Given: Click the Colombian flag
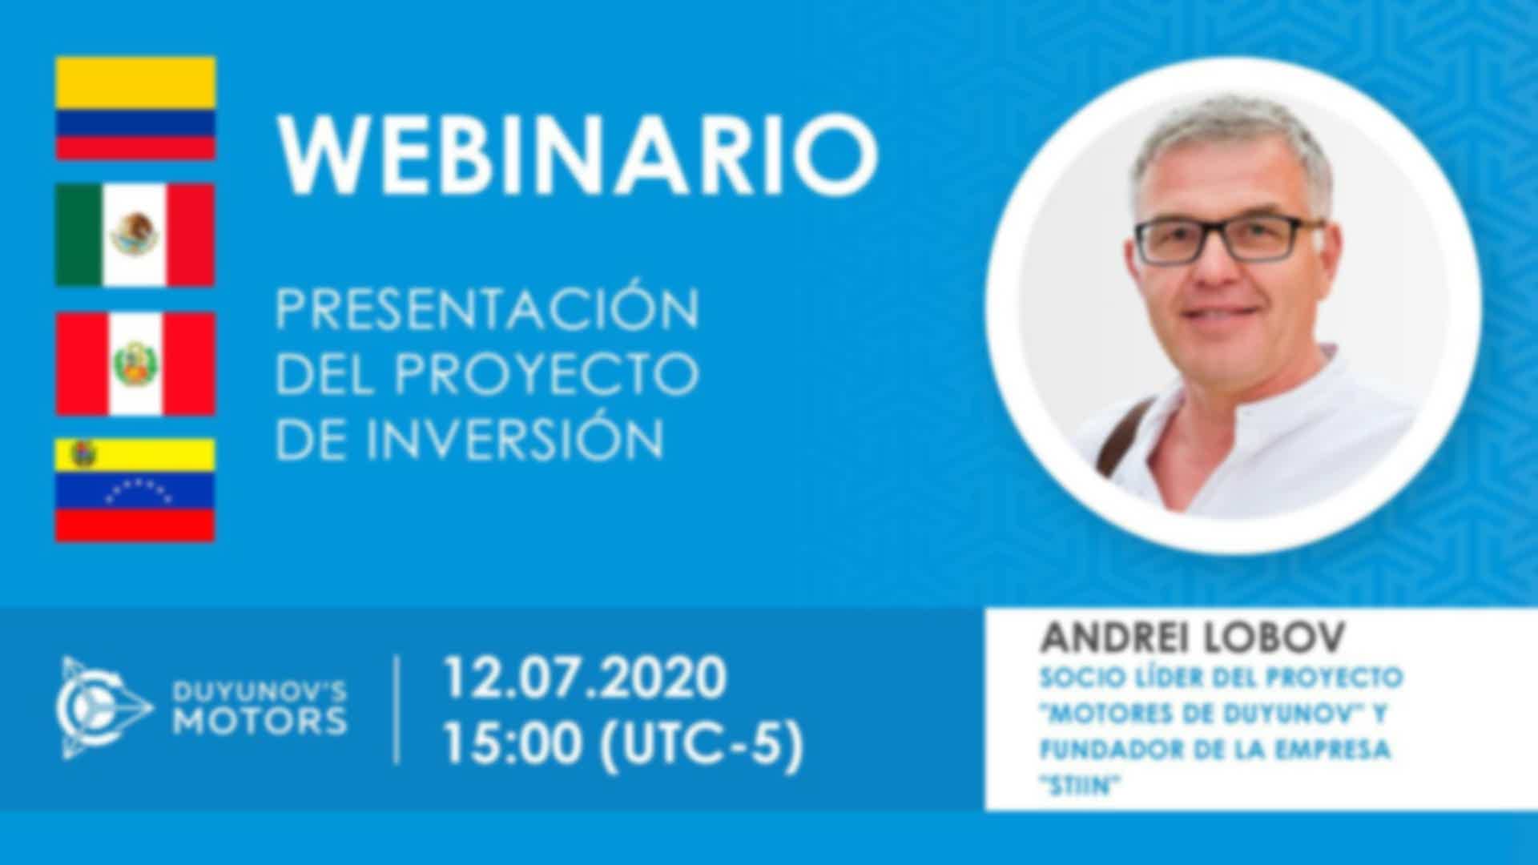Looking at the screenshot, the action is click(135, 108).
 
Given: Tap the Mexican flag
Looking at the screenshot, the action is click(135, 235).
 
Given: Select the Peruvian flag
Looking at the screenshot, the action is click(135, 364).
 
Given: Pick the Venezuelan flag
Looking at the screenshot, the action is click(135, 490).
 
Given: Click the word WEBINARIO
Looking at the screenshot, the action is click(578, 155).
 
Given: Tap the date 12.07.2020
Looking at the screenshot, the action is click(585, 678).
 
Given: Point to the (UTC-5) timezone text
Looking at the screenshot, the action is click(701, 744).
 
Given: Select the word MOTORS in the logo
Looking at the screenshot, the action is click(261, 722).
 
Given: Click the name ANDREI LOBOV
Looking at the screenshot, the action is click(1193, 638).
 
